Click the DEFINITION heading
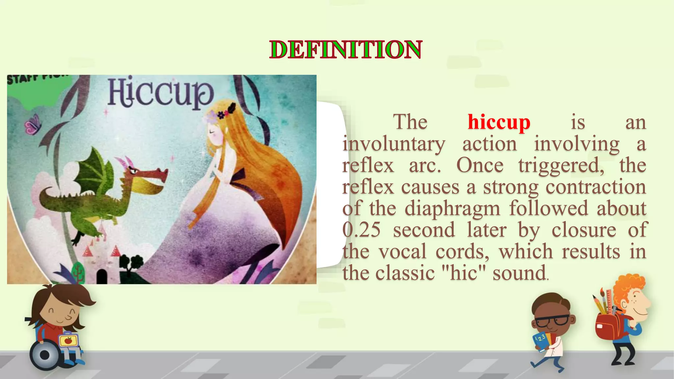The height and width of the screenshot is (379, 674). (346, 50)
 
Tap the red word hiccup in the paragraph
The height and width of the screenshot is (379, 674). (499, 122)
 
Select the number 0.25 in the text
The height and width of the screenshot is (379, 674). (361, 230)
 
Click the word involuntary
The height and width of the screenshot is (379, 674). (394, 144)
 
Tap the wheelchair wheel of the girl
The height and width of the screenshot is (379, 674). (45, 355)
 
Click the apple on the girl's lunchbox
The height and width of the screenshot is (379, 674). (68, 341)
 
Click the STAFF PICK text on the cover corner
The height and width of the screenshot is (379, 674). (36, 79)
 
